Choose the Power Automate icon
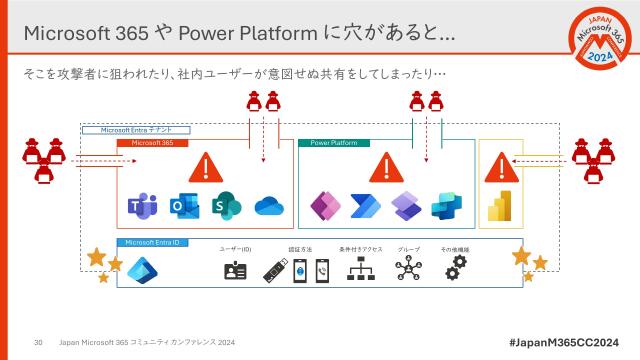pyautogui.click(x=364, y=206)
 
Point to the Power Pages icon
pyautogui.click(x=405, y=206)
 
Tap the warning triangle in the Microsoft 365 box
pyautogui.click(x=206, y=166)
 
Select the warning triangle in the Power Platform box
pyautogui.click(x=384, y=166)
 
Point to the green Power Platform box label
pyautogui.click(x=334, y=143)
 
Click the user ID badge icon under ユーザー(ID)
pyautogui.click(x=235, y=270)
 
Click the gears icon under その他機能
pyautogui.click(x=455, y=267)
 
